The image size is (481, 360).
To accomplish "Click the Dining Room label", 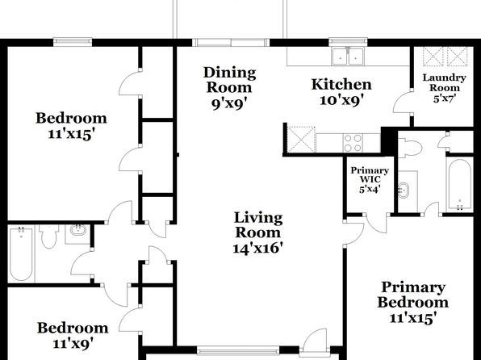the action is (229, 80).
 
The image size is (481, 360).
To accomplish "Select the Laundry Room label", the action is (444, 82).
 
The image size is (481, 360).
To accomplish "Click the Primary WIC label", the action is (370, 174).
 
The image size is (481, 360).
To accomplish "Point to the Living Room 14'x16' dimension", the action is (257, 248).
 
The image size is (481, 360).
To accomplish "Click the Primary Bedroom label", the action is (413, 295).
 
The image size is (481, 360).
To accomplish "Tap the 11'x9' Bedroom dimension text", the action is (73, 343).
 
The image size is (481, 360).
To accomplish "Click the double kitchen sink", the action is (348, 57).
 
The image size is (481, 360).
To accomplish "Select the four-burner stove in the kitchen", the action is (353, 143).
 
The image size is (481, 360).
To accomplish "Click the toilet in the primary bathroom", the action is (410, 148).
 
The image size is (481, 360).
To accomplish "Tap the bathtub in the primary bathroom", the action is (459, 185).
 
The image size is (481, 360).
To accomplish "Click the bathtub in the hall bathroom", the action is (21, 253).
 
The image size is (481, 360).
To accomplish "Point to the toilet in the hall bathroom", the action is (49, 236).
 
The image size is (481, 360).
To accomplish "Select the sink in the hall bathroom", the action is (77, 231).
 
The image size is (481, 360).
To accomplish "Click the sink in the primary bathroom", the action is (404, 190).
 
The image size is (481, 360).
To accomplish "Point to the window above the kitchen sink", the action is (348, 40).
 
